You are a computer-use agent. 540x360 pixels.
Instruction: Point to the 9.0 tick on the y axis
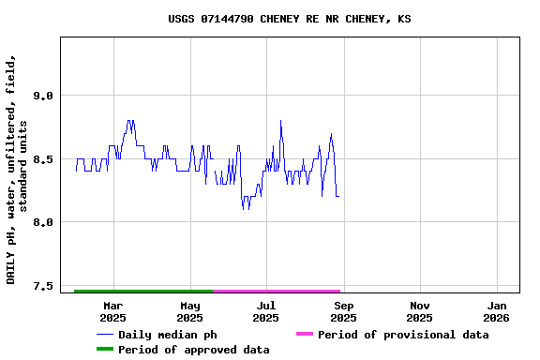coord(41,96)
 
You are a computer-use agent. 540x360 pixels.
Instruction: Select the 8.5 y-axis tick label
coord(41,159)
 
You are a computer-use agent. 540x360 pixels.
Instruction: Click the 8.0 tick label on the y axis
coord(41,222)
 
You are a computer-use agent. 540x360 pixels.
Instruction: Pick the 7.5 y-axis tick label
coord(41,286)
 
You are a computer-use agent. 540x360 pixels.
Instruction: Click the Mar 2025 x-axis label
coord(112,311)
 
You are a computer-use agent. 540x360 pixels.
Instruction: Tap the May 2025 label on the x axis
coord(189,311)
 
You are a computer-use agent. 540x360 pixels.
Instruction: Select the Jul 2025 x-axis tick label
coord(266,311)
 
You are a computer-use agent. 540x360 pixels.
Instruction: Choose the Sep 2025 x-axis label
coord(343,311)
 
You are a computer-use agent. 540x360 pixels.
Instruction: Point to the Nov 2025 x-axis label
coord(420,311)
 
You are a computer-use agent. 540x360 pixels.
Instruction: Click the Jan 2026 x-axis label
coord(497,311)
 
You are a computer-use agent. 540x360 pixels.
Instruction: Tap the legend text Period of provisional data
coord(403,335)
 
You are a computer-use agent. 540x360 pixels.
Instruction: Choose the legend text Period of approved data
coord(193,350)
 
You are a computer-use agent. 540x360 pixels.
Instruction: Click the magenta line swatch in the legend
coord(305,335)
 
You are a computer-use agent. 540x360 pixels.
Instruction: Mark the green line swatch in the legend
coord(104,350)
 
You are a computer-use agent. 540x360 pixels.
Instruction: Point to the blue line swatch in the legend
coord(104,335)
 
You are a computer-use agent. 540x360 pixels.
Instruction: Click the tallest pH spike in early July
coord(280,121)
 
